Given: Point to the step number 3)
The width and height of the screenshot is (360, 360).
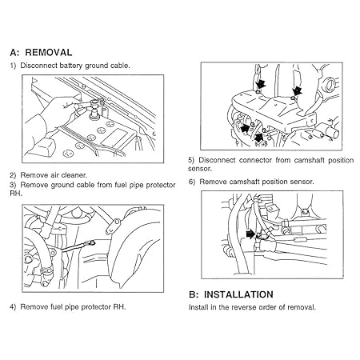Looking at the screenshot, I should pos(13,185).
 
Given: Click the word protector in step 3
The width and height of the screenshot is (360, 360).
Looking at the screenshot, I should pos(144,185).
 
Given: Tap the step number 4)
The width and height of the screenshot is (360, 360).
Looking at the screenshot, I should pos(13,306).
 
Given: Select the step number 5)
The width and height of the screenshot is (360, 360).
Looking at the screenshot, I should pos(193,159).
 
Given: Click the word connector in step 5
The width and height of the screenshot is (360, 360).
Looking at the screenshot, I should pos(254,159).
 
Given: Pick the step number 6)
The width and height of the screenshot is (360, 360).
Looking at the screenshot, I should pos(193,182).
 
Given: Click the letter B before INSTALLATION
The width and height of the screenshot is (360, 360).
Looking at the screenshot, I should pos(193,294).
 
